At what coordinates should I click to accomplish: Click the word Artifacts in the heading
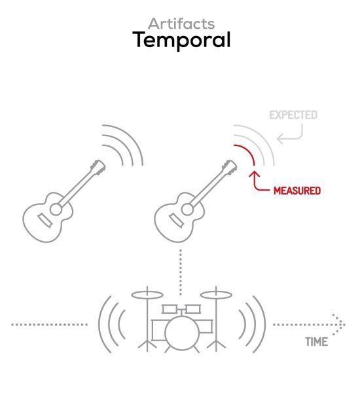click(x=181, y=24)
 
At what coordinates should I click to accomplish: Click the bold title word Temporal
click(x=181, y=40)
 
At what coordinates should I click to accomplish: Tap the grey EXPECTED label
click(x=293, y=115)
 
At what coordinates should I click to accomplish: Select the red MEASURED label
click(x=297, y=191)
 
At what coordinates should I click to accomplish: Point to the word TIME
click(x=316, y=342)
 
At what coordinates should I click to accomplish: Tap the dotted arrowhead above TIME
click(x=338, y=325)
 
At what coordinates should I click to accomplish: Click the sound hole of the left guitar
click(x=56, y=210)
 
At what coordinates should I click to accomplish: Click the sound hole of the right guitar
click(x=187, y=210)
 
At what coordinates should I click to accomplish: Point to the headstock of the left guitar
click(x=98, y=166)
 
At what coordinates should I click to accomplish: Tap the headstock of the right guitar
click(x=230, y=166)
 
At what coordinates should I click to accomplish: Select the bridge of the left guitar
click(x=45, y=220)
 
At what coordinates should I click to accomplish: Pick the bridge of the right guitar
click(x=176, y=220)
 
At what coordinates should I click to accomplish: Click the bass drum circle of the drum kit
click(x=182, y=333)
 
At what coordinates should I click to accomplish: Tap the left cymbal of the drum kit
click(x=147, y=295)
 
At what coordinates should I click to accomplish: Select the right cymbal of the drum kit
click(x=216, y=295)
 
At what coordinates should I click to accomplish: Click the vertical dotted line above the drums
click(x=181, y=272)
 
